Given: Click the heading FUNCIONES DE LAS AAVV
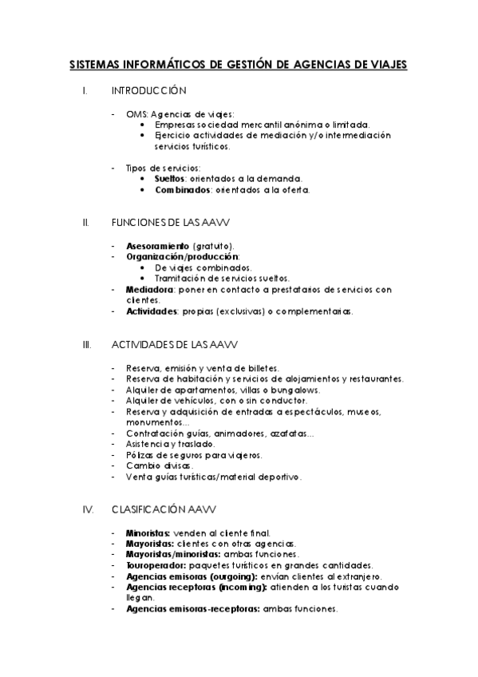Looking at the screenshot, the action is [172, 221].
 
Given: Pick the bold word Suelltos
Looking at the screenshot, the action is [169, 180].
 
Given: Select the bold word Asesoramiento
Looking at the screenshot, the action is [157, 246].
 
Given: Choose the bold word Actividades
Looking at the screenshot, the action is [152, 311].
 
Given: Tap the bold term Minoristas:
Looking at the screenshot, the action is [148, 532].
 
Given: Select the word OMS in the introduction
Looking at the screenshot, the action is [136, 114].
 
